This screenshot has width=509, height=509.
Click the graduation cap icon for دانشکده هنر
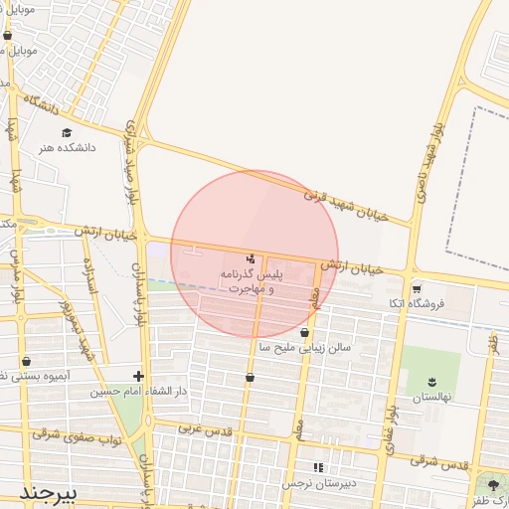[x=67, y=132]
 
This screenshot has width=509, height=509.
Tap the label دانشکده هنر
[x=67, y=148]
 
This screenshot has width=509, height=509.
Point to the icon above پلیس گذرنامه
[x=250, y=258]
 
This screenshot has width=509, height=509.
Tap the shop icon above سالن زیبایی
[x=303, y=333]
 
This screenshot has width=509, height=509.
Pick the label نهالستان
[x=432, y=397]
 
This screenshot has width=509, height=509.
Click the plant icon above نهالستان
[x=432, y=382]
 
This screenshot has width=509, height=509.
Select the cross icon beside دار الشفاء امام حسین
[x=138, y=376]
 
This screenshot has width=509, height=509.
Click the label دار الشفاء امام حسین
[x=96, y=392]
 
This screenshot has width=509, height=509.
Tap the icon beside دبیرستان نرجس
[x=318, y=467]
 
